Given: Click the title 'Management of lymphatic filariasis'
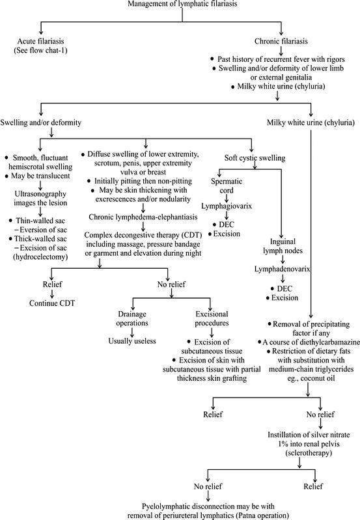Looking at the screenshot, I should point(179,7).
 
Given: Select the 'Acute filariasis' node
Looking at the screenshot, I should point(41,44).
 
